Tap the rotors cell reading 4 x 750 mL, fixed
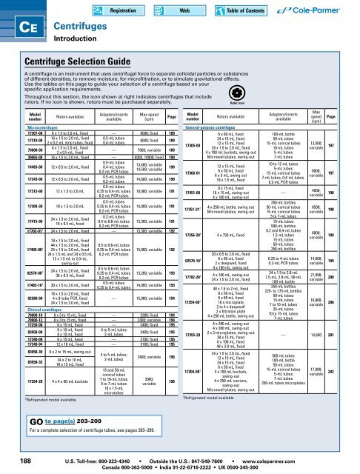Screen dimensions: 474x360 click(239, 235)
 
